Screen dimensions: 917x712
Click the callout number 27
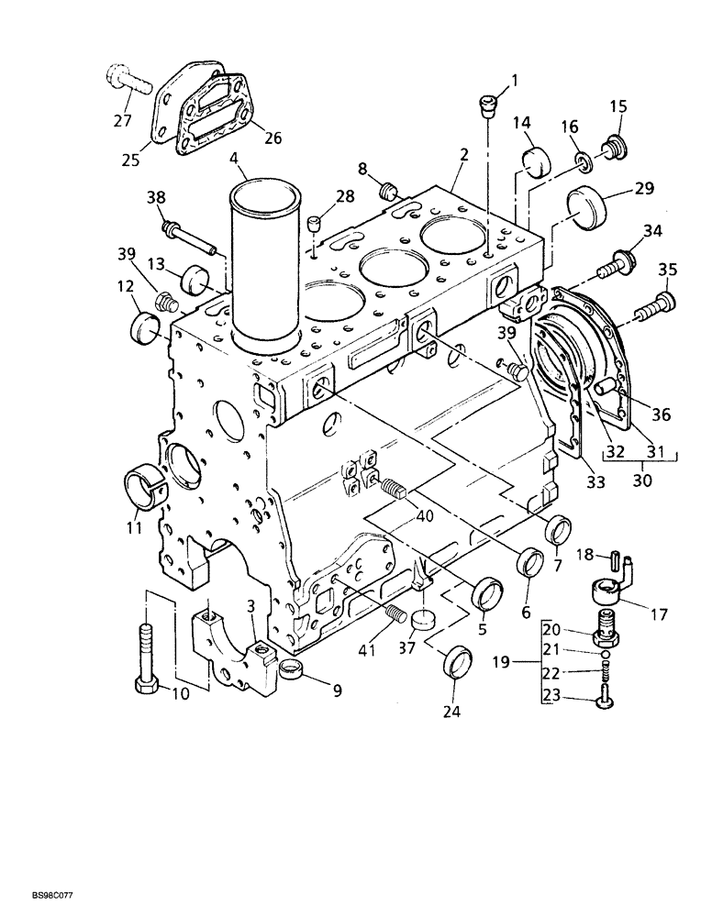121,119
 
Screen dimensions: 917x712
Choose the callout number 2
464,155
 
